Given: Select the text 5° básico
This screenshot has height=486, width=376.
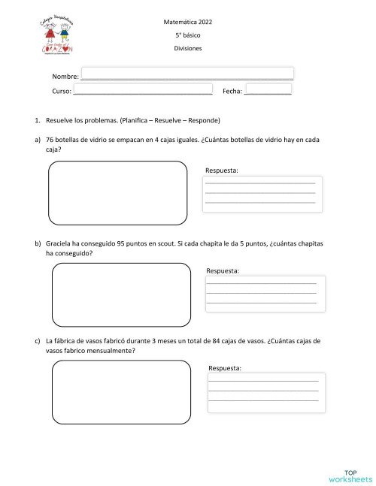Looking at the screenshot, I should tap(187, 35).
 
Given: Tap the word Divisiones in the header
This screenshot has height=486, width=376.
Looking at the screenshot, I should tap(187, 48).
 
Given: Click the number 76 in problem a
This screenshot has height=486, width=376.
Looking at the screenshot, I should tap(50, 140).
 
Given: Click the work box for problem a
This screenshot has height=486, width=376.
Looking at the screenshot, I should tap(118, 192).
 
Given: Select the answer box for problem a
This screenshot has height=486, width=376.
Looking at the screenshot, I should tap(260, 194).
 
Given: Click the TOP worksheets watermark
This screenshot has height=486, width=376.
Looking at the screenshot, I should tap(350, 473).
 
